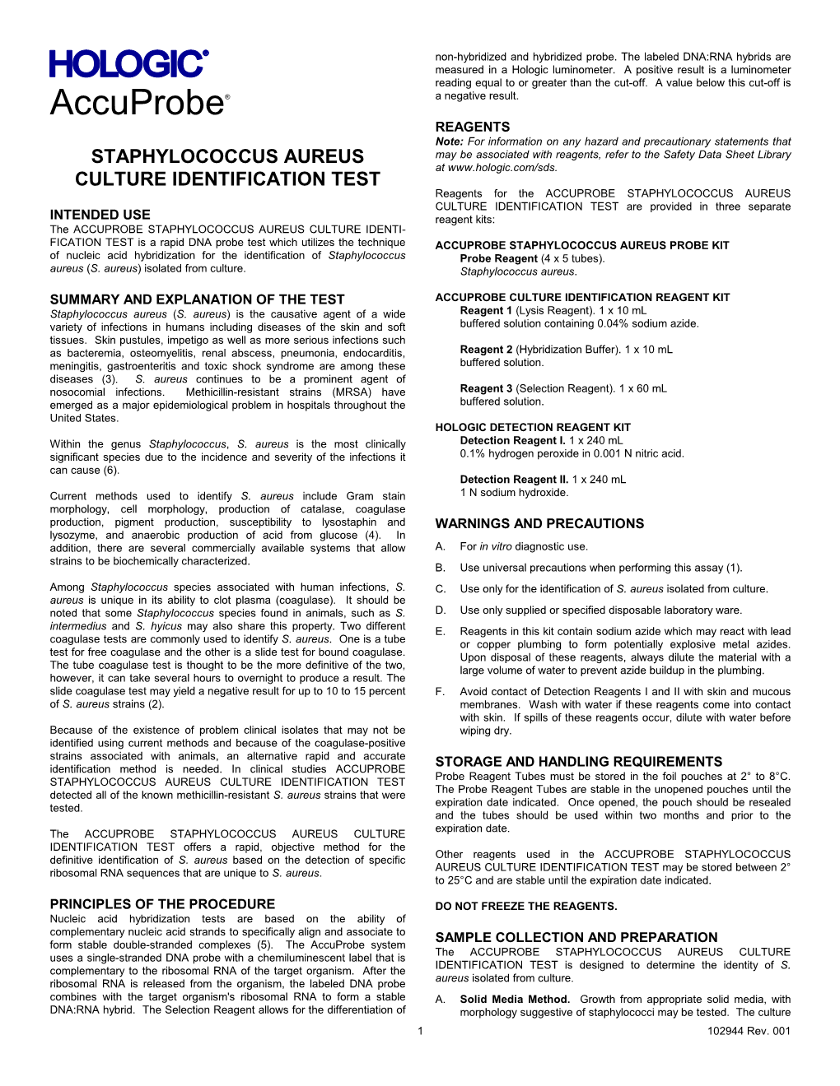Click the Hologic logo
pos(128,63)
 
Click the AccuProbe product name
pos(137,104)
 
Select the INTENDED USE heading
pos(100,215)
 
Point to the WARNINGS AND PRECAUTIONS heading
pos(539,523)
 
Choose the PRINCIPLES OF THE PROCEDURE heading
pos(162,904)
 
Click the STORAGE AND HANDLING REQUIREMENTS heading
pos(578,762)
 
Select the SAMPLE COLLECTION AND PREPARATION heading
pos(576,937)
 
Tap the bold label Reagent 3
pos(486,388)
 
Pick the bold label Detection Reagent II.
pos(514,480)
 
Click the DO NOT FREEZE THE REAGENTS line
pos(525,907)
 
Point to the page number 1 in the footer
pos(420,1031)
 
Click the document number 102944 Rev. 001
pos(749,1031)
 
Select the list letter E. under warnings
pos(440,631)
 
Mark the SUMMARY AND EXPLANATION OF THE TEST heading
pos(197,299)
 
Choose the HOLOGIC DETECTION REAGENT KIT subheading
pos(532,427)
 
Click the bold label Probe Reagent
pos(499,258)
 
